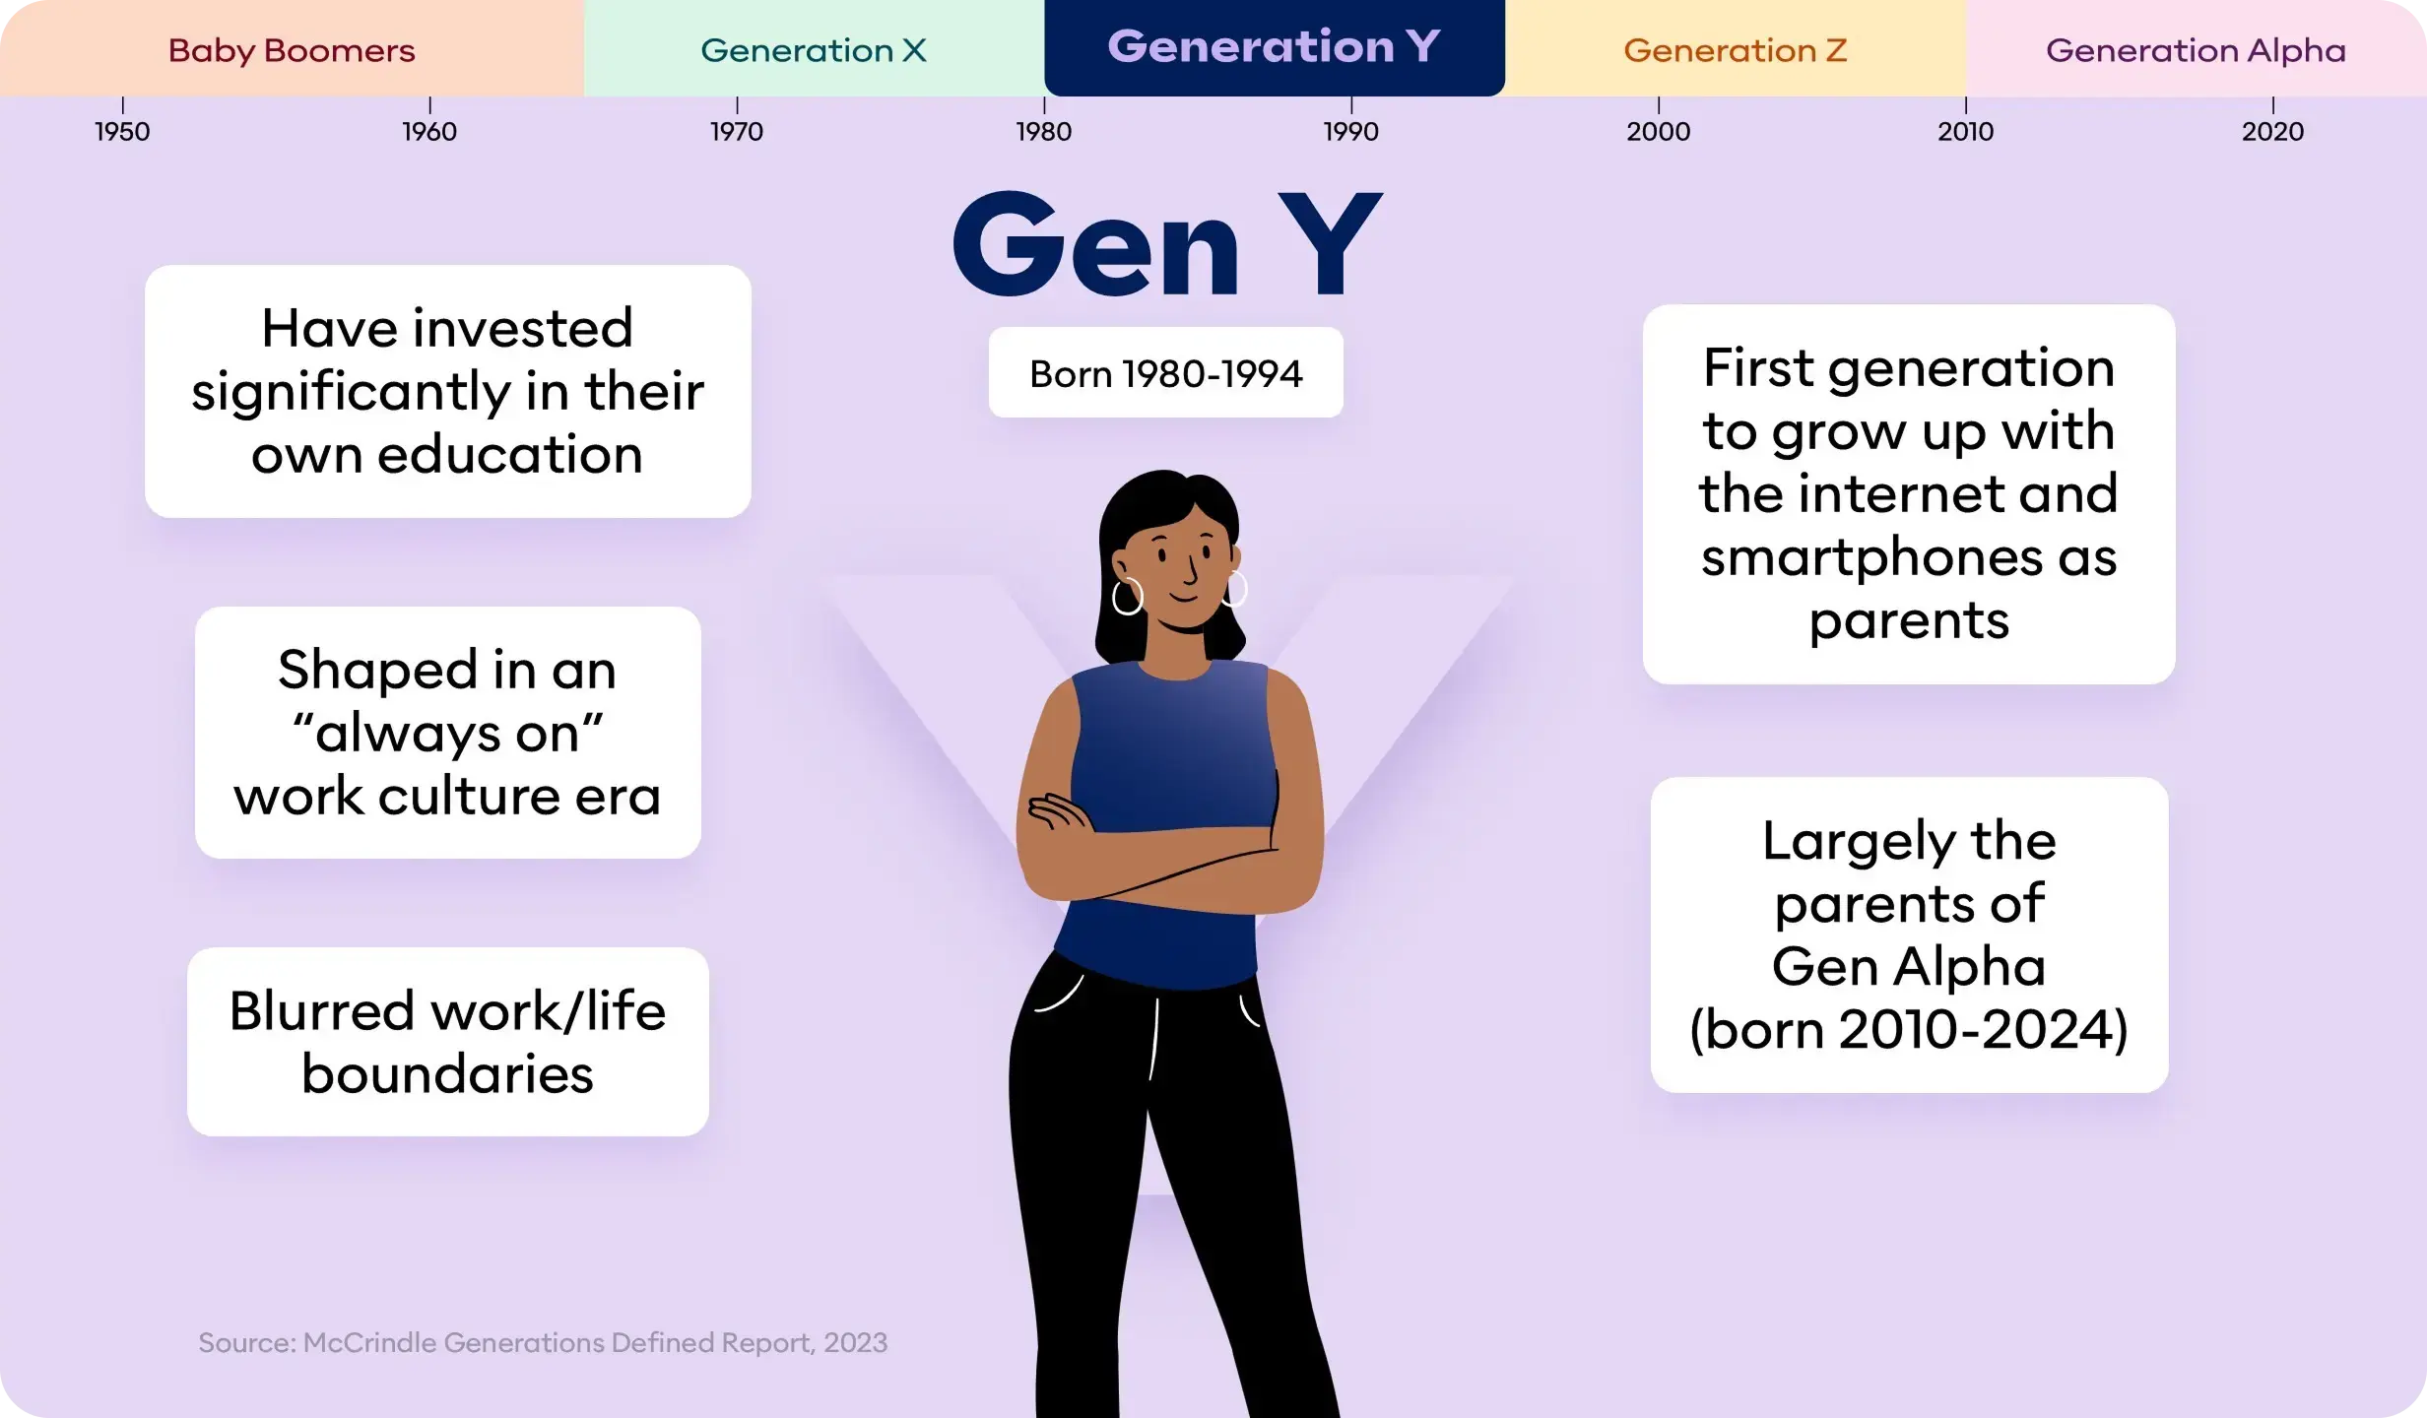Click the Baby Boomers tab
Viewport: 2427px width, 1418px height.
[x=292, y=49]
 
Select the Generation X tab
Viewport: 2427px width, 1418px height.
[x=814, y=49]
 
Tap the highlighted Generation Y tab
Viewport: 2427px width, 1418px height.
[x=1274, y=47]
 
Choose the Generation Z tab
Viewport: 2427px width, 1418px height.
[x=1735, y=49]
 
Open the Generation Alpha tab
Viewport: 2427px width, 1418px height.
[x=2196, y=49]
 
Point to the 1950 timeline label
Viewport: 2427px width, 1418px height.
[x=122, y=131]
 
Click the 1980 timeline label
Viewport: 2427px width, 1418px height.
[x=1044, y=131]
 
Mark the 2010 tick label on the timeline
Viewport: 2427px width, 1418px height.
[x=1965, y=131]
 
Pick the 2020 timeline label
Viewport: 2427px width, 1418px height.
[x=2272, y=131]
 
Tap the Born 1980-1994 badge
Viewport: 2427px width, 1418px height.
[x=1165, y=373]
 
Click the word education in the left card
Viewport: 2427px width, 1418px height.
[x=509, y=455]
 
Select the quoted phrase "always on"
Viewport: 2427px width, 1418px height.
[x=448, y=733]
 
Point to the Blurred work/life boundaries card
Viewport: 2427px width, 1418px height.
[x=448, y=1042]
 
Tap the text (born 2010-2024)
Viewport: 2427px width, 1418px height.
[x=1909, y=1030]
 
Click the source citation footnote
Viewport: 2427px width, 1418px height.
[x=543, y=1342]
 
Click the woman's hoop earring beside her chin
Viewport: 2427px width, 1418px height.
[x=1128, y=596]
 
